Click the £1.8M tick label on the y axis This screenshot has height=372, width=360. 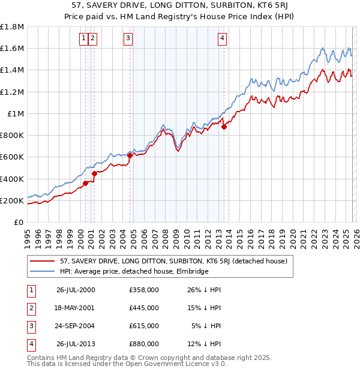pos(12,27)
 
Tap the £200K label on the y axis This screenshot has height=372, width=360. pos(12,200)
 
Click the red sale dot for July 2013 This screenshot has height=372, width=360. pos(224,127)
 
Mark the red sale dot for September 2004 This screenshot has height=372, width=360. pos(130,155)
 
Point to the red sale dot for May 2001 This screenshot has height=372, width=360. pos(94,174)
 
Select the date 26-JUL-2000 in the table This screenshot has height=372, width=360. pos(76,290)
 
